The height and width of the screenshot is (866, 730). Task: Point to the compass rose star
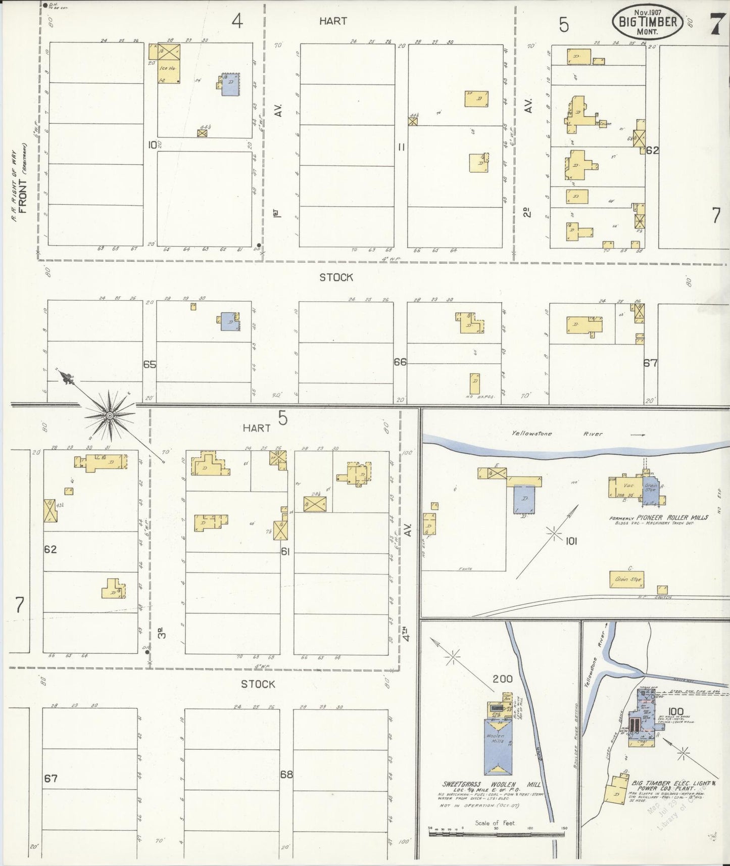(x=109, y=415)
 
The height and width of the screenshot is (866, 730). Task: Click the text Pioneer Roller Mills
(x=665, y=517)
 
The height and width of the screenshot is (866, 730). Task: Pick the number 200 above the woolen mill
(x=503, y=679)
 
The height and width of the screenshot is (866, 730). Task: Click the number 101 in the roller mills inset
(x=571, y=541)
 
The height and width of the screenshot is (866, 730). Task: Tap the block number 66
(x=400, y=362)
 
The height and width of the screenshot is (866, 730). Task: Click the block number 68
(x=287, y=774)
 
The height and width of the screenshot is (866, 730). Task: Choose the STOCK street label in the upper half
(x=336, y=277)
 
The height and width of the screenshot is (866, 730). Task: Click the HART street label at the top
(x=333, y=21)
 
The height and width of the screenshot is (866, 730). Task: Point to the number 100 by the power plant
(x=675, y=712)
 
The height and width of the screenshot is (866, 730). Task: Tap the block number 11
(x=402, y=147)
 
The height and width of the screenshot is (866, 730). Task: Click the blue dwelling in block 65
(x=229, y=321)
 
